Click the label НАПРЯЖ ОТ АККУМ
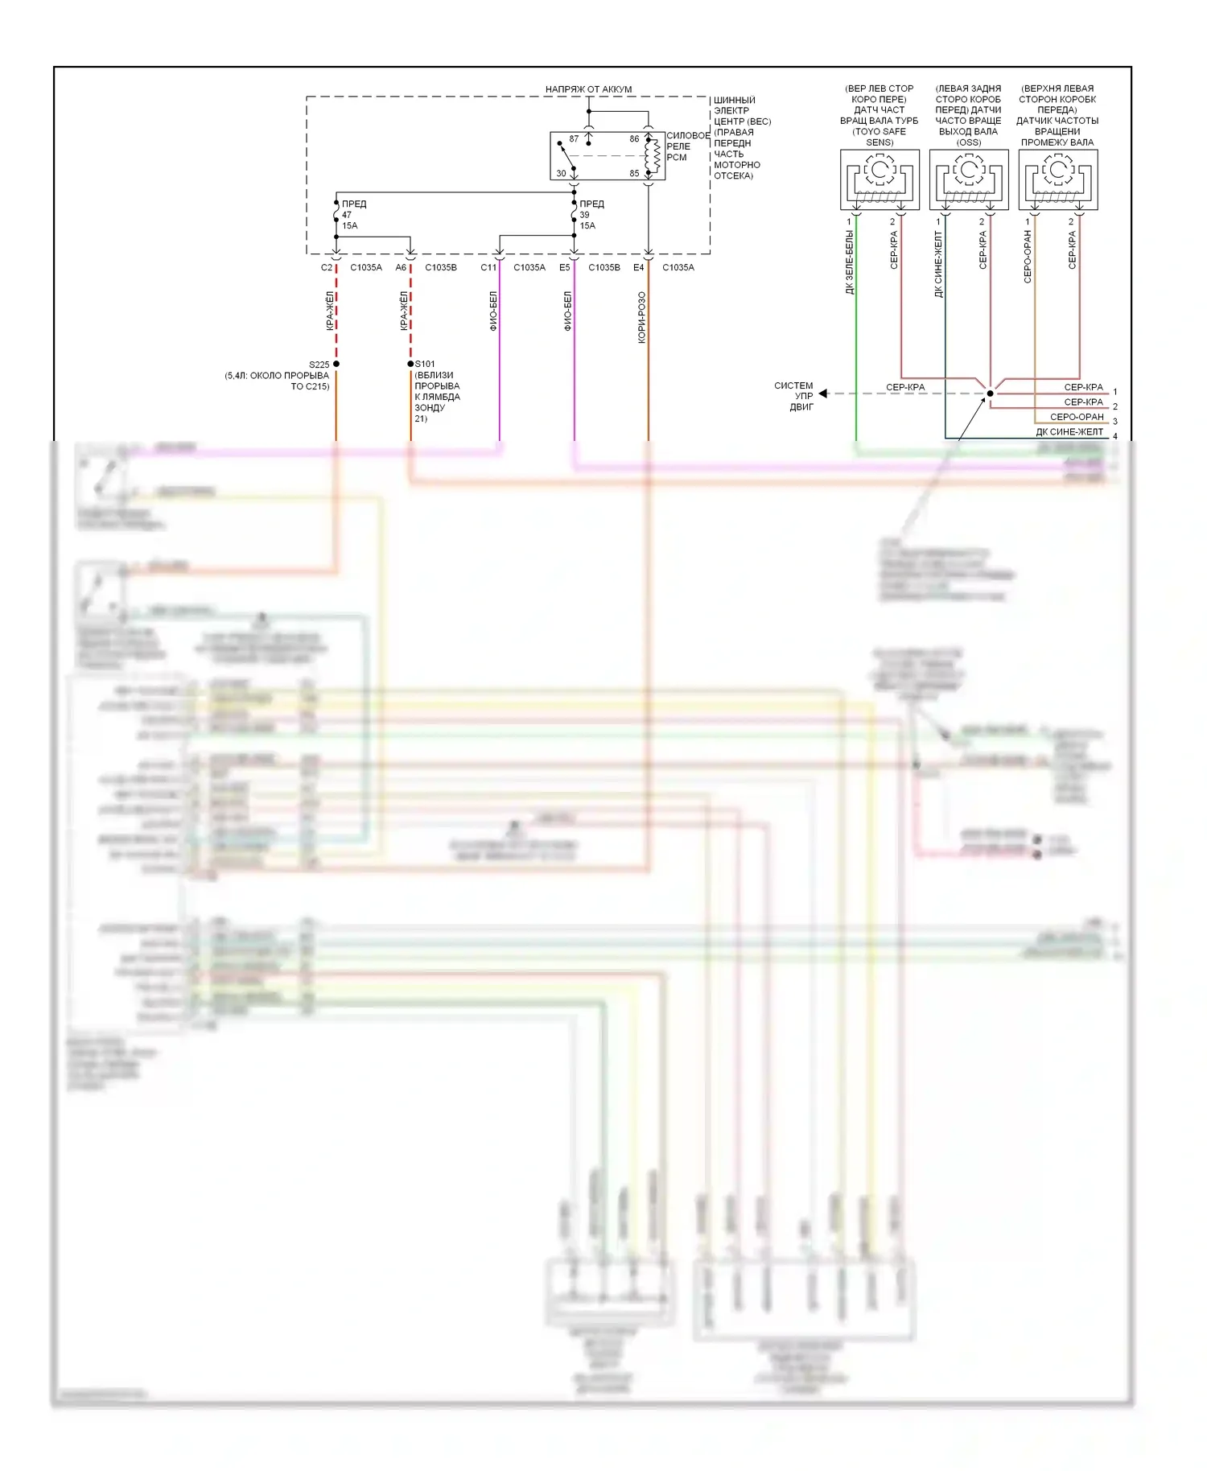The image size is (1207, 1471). [x=588, y=89]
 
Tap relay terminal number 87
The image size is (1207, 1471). [x=574, y=139]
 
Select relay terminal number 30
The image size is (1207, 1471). [x=561, y=174]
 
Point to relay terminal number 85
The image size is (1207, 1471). [x=634, y=174]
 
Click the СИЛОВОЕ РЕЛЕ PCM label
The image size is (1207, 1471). [x=687, y=146]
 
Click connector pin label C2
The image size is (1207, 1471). [x=326, y=268]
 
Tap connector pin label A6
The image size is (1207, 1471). [x=401, y=268]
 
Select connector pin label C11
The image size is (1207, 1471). [x=488, y=268]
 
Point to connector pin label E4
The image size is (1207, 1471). [x=638, y=268]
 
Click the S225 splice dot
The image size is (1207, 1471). [x=336, y=365]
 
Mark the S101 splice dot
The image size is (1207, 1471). [x=410, y=365]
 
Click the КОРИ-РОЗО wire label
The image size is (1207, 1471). [x=641, y=318]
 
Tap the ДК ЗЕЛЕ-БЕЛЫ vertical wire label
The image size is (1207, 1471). [x=850, y=262]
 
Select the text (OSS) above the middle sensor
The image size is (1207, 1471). [x=968, y=142]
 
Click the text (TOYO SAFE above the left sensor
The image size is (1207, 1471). [x=879, y=132]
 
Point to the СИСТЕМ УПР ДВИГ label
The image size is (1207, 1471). [x=794, y=396]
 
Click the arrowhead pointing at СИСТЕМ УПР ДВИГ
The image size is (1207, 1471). [x=823, y=394]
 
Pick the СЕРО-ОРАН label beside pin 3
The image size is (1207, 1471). [x=1077, y=417]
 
